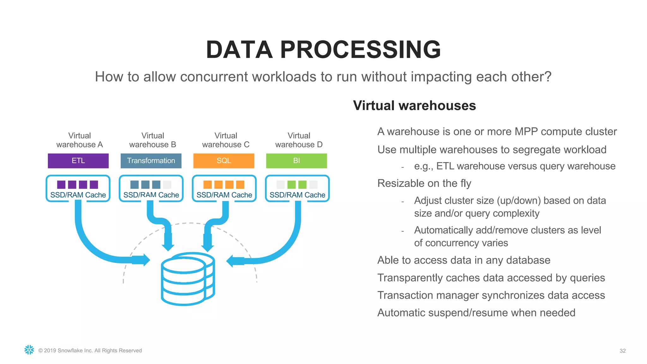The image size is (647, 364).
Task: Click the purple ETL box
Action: coord(78,161)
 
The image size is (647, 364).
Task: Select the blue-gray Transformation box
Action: coord(151,161)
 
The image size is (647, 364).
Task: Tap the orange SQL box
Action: coord(224,161)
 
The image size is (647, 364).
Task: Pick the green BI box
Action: coord(296,161)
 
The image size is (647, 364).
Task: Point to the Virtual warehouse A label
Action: coord(80,140)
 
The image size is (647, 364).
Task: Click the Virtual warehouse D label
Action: coord(299,140)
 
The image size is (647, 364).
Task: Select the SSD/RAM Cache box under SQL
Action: coord(224,189)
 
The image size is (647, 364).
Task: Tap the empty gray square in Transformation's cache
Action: coord(167,185)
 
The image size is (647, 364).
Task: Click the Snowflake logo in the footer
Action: coord(29,350)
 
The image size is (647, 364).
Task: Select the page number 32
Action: coord(622,351)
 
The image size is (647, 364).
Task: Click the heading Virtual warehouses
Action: coord(414,106)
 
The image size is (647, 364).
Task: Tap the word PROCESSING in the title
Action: coord(360,50)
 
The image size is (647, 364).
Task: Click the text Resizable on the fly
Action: coord(424,183)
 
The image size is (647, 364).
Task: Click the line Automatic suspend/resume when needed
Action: coord(476,312)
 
